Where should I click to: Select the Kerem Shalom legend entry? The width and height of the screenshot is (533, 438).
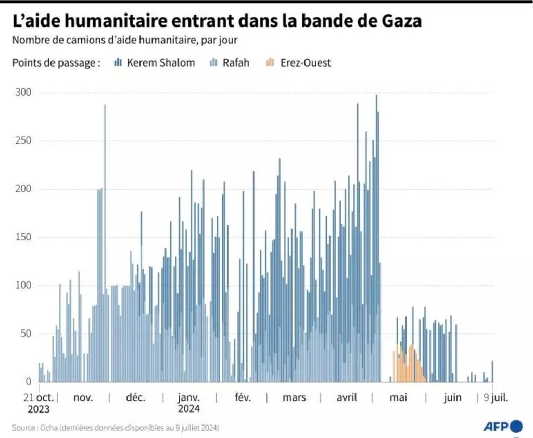(154, 63)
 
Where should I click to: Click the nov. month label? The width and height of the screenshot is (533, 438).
(83, 398)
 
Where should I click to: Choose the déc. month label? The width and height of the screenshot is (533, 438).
(135, 398)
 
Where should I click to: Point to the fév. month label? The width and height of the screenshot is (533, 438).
(243, 398)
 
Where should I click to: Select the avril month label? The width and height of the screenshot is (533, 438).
(346, 398)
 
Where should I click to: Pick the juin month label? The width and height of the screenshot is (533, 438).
(452, 398)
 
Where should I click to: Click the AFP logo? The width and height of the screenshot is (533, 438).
(503, 427)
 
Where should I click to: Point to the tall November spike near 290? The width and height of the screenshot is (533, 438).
(105, 107)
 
